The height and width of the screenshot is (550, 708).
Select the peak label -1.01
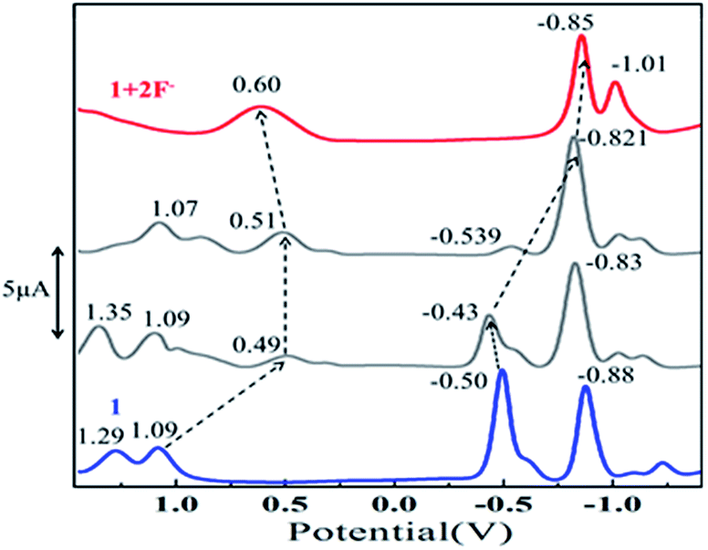pyautogui.click(x=638, y=65)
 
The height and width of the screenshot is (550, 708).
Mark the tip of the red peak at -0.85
pyautogui.click(x=581, y=37)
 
